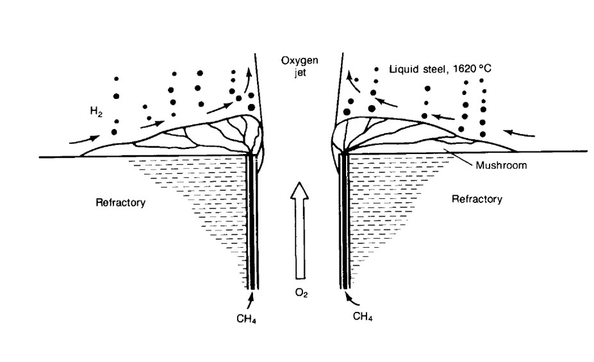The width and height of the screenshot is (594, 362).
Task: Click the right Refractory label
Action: pos(477,199)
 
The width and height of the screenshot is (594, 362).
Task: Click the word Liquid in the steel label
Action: pos(403,67)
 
